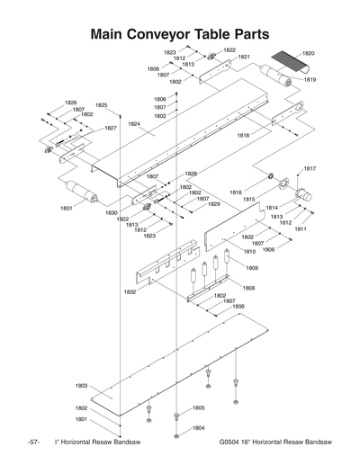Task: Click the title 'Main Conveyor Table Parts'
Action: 180,33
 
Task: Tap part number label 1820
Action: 309,54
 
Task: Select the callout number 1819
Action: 309,80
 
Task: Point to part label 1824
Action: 134,123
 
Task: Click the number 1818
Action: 243,135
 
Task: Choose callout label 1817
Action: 309,168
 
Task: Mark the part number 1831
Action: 67,208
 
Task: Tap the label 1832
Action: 130,291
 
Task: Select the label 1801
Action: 81,419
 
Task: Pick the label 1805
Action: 198,407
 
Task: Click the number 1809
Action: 252,268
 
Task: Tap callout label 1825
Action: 102,105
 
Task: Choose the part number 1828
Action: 191,174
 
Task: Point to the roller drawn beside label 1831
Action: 86,192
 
